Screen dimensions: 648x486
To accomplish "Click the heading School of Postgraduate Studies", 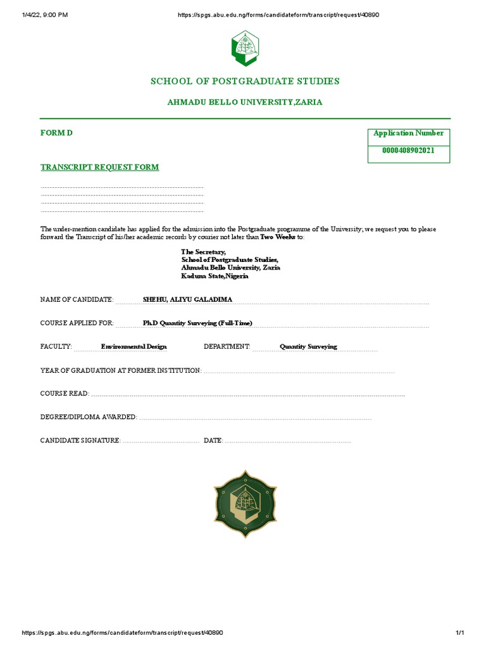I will (x=245, y=81).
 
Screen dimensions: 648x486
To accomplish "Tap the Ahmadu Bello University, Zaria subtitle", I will (x=245, y=102).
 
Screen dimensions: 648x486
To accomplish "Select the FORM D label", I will (x=52, y=134).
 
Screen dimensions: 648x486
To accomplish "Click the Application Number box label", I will (x=408, y=134).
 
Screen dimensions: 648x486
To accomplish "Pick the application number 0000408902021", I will (x=408, y=151).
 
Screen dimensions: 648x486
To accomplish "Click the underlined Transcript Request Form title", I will (x=100, y=167).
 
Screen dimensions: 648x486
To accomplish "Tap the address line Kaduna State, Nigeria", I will (x=215, y=277).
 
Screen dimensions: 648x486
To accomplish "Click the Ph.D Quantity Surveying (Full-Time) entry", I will (x=197, y=323).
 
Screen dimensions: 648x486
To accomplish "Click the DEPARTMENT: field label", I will (x=227, y=347).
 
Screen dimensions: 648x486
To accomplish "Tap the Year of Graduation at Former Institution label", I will (x=121, y=370).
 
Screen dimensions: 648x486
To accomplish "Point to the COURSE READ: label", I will (x=65, y=394).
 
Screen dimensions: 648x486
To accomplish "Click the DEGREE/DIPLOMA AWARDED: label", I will (x=89, y=417).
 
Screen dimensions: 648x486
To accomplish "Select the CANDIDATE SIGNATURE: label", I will (x=80, y=440).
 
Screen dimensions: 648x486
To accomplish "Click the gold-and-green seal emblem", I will (x=245, y=503).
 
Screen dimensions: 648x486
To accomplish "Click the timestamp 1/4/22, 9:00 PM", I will (x=45, y=15).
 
